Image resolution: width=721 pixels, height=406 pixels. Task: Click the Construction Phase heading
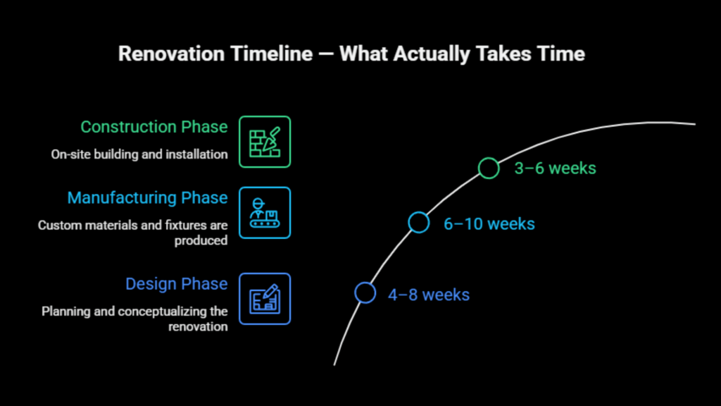[x=153, y=127]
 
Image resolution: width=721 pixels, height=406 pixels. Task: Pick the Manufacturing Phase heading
[x=147, y=198]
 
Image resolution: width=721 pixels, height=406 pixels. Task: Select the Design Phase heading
[x=176, y=284]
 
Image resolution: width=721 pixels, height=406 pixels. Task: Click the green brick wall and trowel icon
[x=265, y=142]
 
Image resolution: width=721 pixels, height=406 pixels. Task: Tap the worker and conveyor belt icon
[x=265, y=213]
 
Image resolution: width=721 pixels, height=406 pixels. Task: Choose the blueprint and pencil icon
[x=265, y=299]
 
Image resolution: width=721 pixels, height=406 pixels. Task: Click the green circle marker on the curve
[x=489, y=168]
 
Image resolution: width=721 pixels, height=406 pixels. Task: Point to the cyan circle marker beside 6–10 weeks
[x=419, y=223]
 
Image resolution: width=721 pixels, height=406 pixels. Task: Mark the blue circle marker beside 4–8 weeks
[x=365, y=293]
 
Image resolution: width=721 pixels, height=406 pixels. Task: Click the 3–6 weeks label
[x=555, y=168]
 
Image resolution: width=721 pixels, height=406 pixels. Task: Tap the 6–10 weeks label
[x=489, y=224]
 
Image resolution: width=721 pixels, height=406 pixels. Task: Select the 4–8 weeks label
[x=428, y=295]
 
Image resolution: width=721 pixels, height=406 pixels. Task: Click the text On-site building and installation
[x=139, y=154]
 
